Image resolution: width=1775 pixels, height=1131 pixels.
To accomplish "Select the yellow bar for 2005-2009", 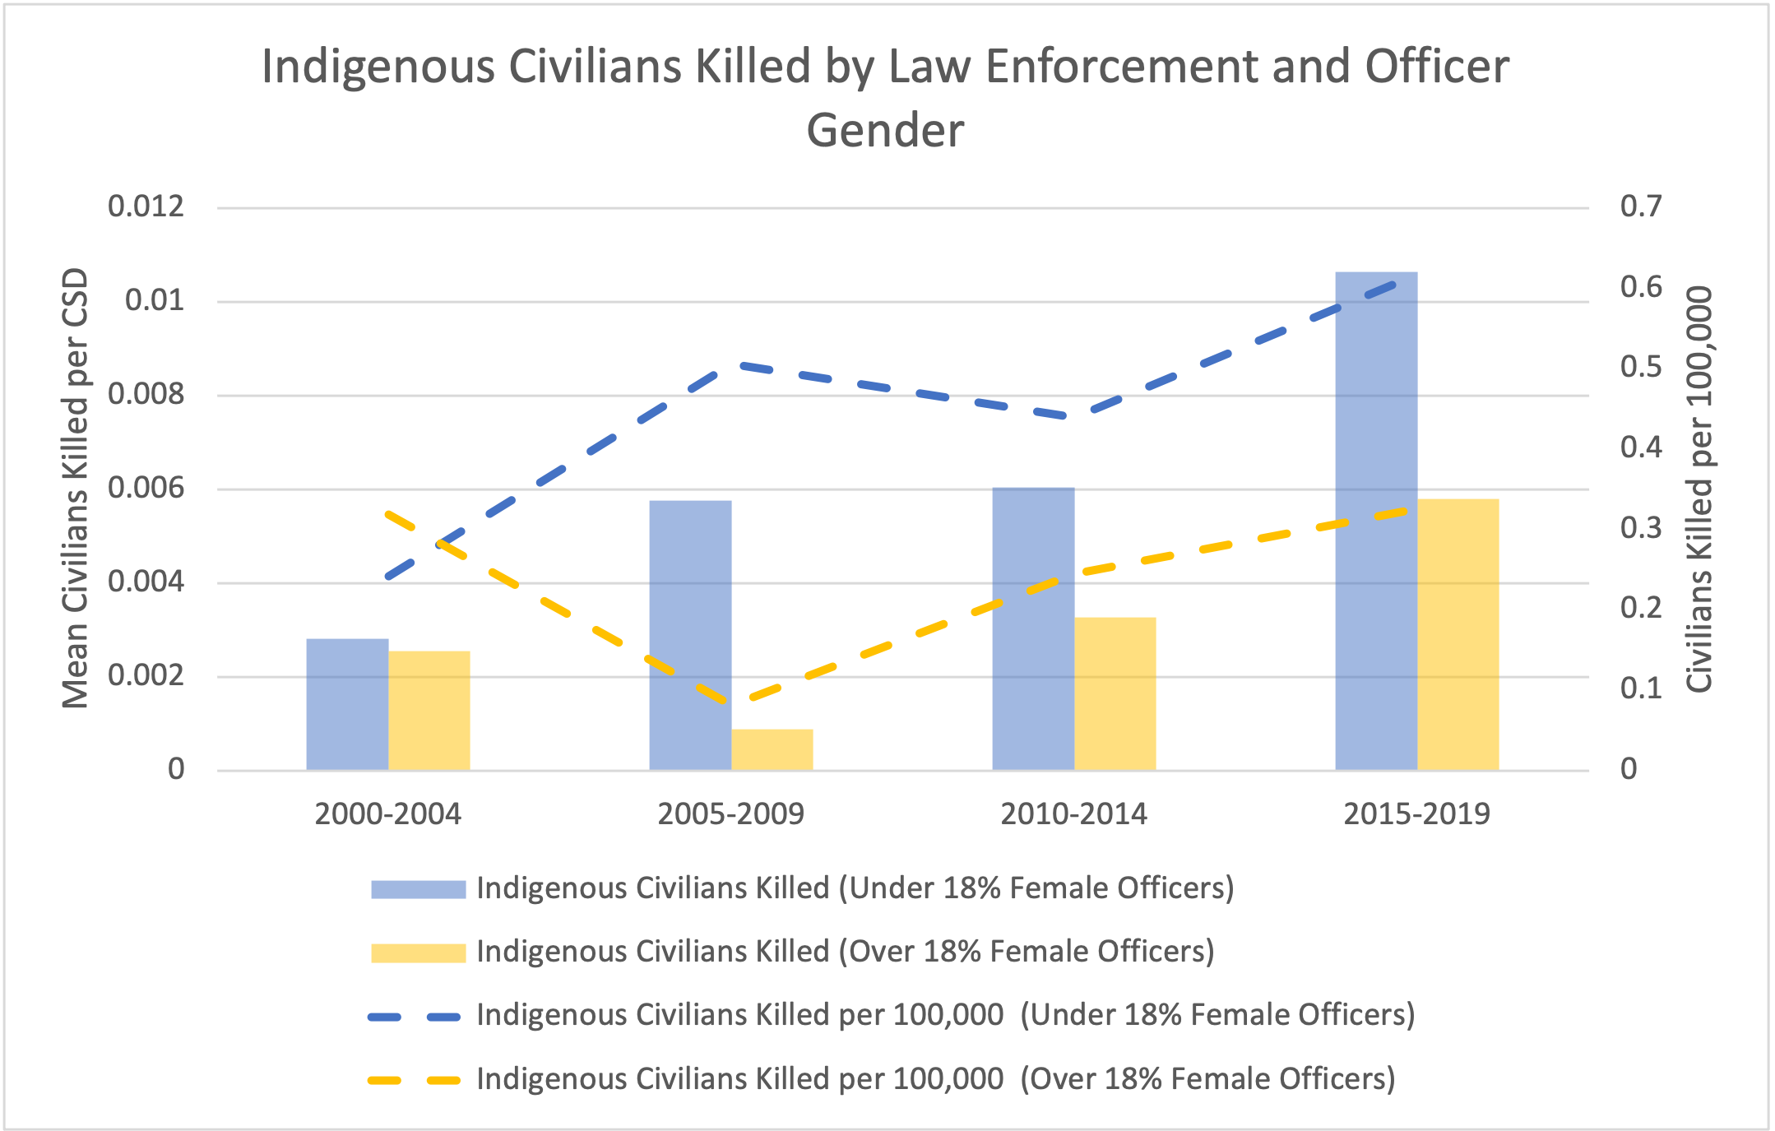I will point(772,749).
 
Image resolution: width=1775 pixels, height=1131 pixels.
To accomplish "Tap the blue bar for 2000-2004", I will point(347,704).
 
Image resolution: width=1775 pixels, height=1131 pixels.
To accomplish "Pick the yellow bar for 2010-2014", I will point(1115,693).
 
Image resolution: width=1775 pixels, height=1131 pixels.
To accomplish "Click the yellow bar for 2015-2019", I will point(1458,634).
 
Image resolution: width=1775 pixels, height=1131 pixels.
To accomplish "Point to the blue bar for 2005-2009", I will point(690,635).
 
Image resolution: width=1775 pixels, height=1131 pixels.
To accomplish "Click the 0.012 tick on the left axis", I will point(146,206).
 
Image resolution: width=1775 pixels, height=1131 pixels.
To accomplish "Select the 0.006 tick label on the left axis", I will point(146,489).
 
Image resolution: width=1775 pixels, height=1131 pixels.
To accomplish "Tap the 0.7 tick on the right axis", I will point(1641,206).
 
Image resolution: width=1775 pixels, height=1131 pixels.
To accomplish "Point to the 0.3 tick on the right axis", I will point(1641,527).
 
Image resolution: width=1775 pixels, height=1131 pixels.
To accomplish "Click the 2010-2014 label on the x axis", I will point(1073,814).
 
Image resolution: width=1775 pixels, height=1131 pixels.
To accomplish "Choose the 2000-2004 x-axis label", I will point(388,814).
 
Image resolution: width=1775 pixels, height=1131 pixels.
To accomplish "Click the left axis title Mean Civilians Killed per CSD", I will point(76,488).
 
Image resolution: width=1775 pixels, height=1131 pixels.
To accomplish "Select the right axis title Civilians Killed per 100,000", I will point(1699,489).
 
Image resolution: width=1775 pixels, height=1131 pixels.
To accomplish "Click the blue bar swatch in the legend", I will point(418,889).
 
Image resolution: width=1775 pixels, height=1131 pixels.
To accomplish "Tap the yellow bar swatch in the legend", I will point(418,953).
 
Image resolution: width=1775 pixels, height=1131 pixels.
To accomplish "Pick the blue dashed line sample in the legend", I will point(415,1017).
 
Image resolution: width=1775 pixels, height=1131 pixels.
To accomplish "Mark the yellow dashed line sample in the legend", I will point(415,1080).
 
